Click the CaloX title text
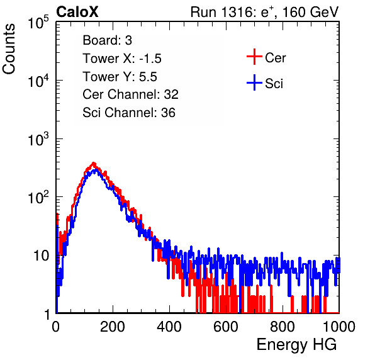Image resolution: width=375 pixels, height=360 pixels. (77, 12)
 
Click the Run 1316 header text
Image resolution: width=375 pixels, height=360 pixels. (264, 12)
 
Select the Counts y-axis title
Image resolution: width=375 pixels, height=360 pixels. (9, 49)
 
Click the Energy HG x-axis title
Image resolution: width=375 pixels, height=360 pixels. (296, 345)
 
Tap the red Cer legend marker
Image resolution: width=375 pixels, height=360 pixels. (254, 57)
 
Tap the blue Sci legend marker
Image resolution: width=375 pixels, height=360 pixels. (254, 83)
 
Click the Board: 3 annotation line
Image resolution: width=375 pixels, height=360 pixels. (107, 40)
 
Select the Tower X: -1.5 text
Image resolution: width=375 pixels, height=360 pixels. (122, 59)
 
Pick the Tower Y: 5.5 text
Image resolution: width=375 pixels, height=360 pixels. (120, 77)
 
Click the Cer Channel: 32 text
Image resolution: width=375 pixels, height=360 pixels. (130, 94)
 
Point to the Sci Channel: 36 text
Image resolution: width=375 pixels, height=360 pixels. (129, 113)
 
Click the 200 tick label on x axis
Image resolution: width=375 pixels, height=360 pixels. (113, 327)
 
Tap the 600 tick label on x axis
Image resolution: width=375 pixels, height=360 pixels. (226, 327)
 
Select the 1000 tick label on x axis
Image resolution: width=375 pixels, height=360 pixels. (339, 327)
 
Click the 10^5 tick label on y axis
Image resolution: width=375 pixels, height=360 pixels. (38, 23)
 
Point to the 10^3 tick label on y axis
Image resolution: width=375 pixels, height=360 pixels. (38, 139)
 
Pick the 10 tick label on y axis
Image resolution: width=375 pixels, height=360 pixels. (42, 256)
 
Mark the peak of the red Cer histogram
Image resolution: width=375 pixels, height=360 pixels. (94, 163)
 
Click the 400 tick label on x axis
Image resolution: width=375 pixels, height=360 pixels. (169, 327)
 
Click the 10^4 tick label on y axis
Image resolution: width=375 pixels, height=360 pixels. (38, 81)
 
